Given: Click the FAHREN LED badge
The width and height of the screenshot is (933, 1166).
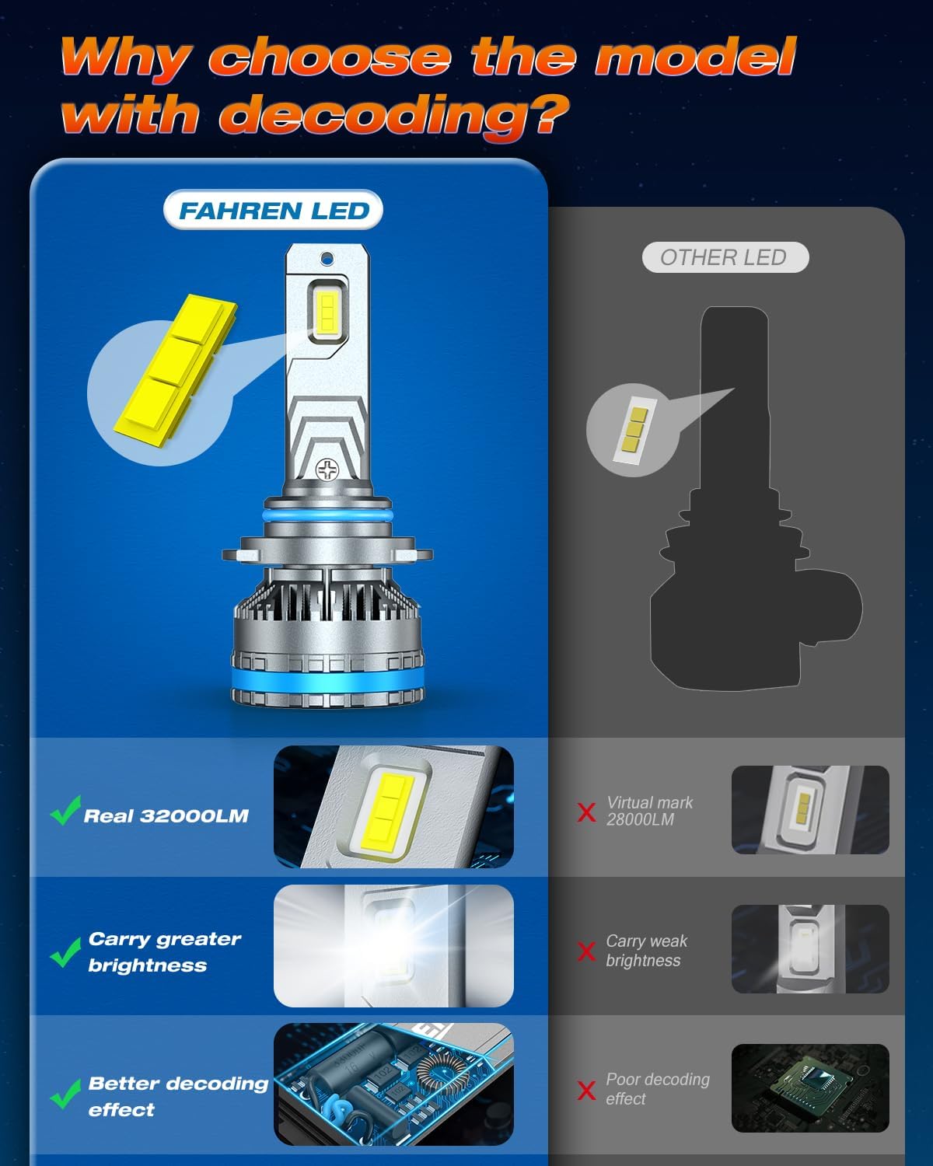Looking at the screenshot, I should [273, 211].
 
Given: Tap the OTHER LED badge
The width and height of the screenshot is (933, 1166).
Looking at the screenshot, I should [725, 257].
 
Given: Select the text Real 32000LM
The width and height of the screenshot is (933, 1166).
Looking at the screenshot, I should [166, 815].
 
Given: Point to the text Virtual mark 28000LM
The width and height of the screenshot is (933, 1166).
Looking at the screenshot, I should [649, 811].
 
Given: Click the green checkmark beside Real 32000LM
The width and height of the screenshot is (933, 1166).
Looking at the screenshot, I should [65, 811].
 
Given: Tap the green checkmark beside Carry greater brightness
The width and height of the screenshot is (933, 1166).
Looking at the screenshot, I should [65, 951].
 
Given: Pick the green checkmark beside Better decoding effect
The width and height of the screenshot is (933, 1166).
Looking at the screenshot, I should [65, 1094].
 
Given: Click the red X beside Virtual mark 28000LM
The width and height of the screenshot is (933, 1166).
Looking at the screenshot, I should [587, 812].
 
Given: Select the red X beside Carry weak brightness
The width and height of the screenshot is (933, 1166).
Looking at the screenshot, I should [587, 951].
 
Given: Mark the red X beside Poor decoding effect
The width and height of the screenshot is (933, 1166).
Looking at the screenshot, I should [587, 1091].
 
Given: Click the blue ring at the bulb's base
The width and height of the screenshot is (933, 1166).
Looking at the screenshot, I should [328, 683].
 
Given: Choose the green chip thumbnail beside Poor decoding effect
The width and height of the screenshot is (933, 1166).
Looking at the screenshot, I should [809, 1087].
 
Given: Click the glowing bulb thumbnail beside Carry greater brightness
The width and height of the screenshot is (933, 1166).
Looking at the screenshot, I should [393, 945].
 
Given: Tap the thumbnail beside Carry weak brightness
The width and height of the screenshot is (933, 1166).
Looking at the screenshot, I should [809, 948].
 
